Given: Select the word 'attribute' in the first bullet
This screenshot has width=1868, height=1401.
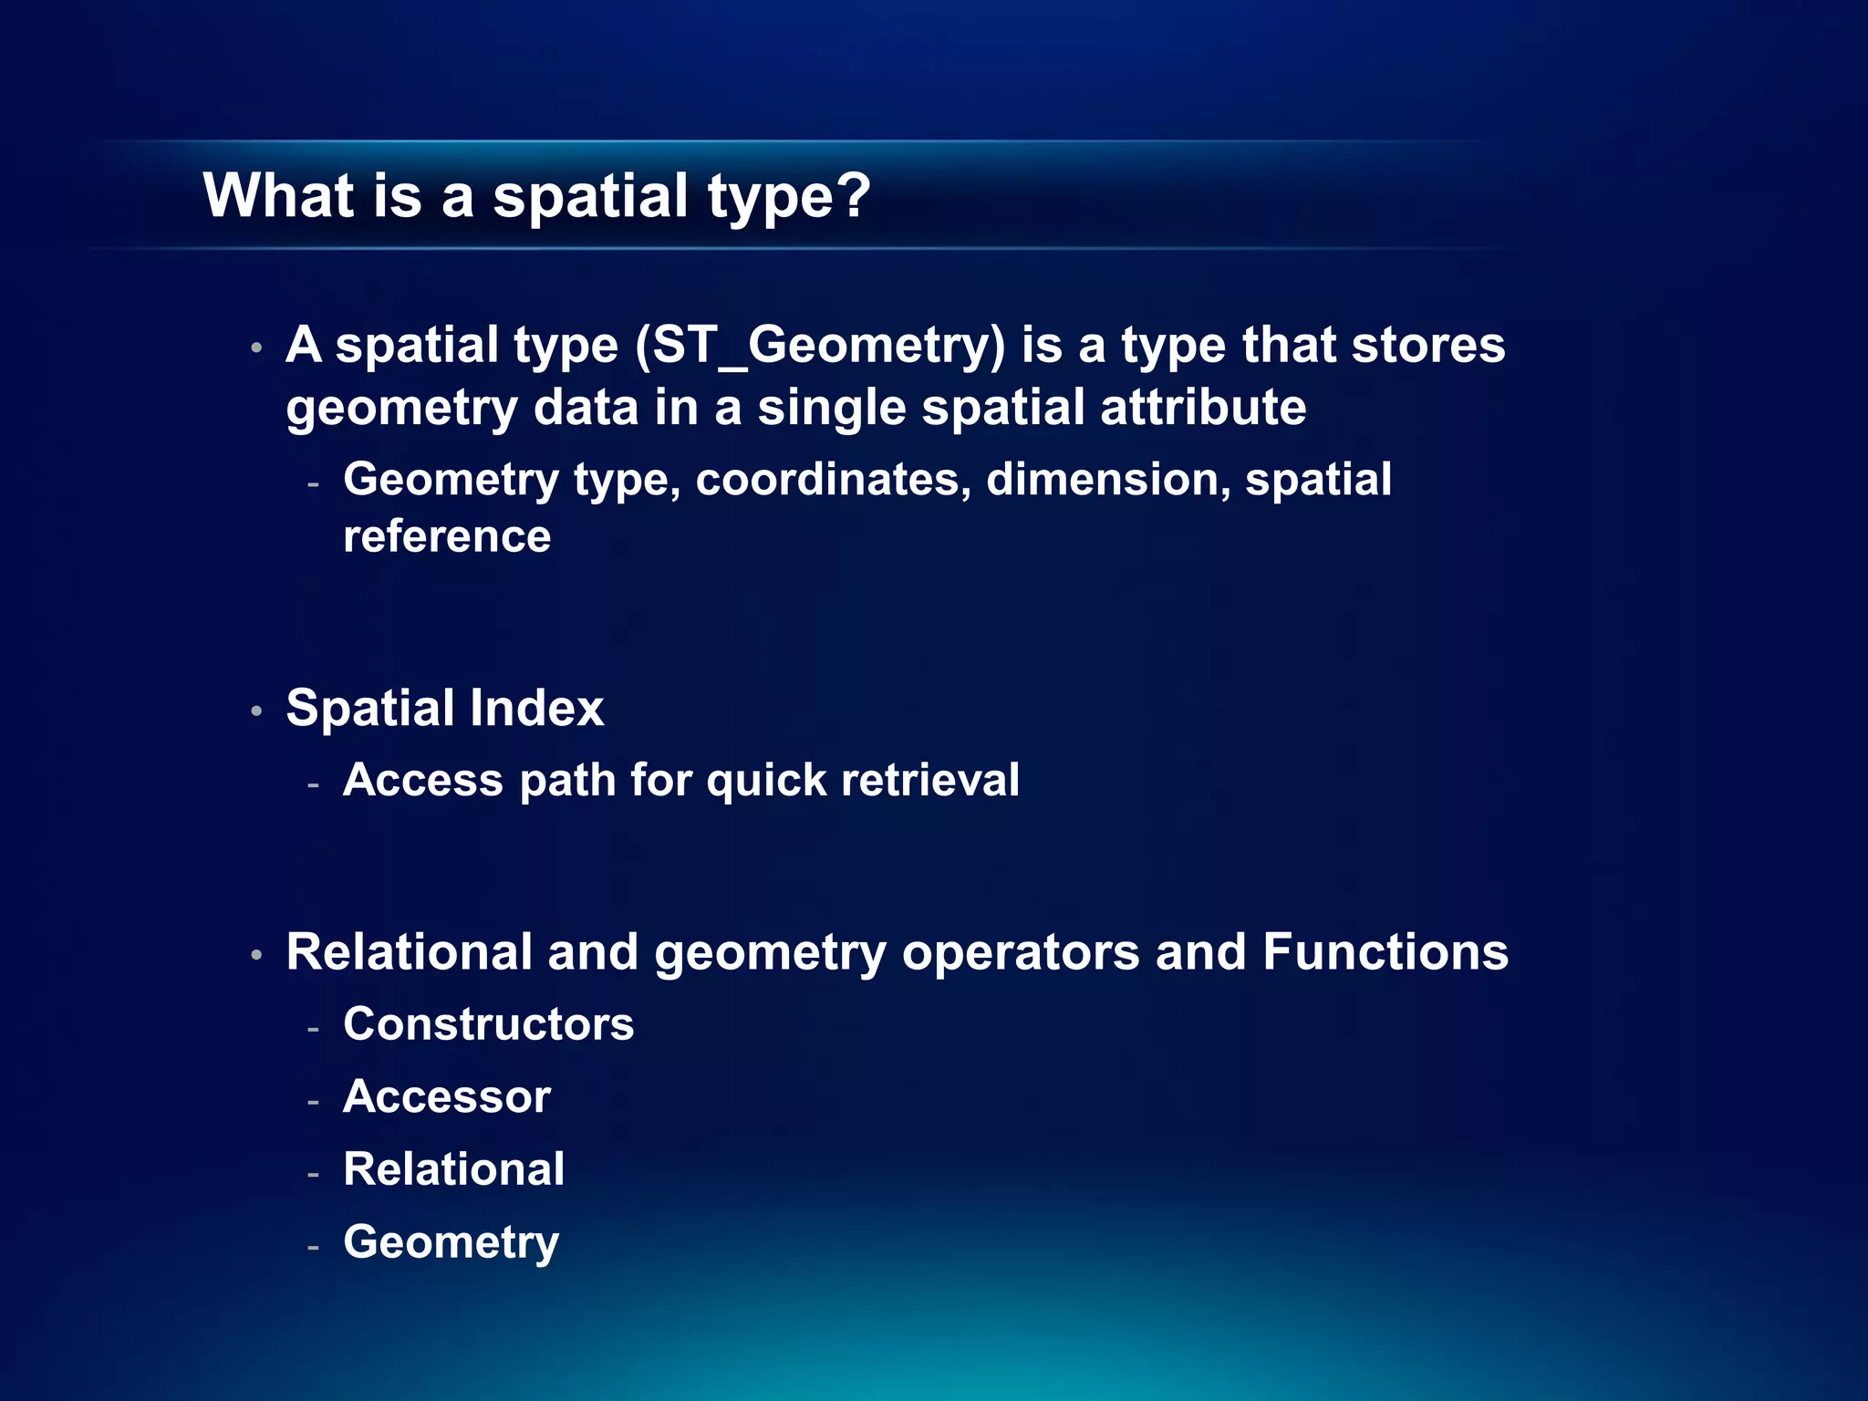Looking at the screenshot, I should pos(1203,407).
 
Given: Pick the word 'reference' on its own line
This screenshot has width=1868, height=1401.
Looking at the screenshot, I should pos(447,536).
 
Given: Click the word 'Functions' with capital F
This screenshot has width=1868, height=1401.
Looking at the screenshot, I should pos(1385,952).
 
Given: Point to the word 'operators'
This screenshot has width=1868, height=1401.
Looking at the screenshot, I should pos(1021,954).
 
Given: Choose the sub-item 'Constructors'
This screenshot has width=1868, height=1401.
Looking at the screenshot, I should pos(488,1024).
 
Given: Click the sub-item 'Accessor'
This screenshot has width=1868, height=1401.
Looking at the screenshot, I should pos(447,1097).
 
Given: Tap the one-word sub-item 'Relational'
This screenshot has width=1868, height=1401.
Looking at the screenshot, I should pos(453,1169).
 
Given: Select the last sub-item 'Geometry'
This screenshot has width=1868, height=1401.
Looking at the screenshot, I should pos(451,1243).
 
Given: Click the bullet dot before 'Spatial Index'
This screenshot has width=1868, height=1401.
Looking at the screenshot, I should pos(257,711).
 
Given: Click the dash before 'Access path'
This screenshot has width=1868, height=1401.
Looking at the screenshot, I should pos(313,784).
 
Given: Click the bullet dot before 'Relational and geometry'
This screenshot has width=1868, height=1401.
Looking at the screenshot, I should pos(257,956).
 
